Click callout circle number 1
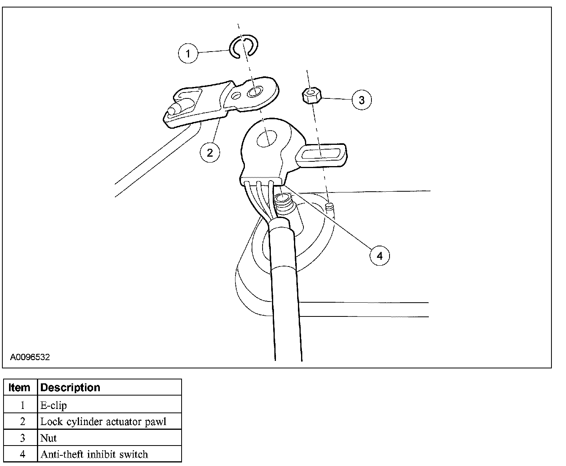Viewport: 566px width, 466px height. click(188, 53)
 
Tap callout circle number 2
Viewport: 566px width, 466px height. click(209, 152)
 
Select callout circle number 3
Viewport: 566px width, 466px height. click(361, 100)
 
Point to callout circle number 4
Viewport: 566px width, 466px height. click(379, 256)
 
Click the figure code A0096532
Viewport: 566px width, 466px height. click(30, 357)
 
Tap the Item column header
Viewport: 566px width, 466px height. click(19, 388)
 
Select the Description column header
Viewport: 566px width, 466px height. click(70, 388)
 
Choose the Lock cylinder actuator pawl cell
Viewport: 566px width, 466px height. click(103, 422)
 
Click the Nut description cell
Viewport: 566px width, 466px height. click(48, 438)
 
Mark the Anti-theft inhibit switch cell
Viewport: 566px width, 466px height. click(94, 455)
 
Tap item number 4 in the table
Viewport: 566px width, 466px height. click(22, 455)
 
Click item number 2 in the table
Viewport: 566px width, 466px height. click(22, 422)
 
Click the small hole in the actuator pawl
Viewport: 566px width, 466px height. click(237, 96)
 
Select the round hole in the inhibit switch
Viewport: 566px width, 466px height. click(267, 139)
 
